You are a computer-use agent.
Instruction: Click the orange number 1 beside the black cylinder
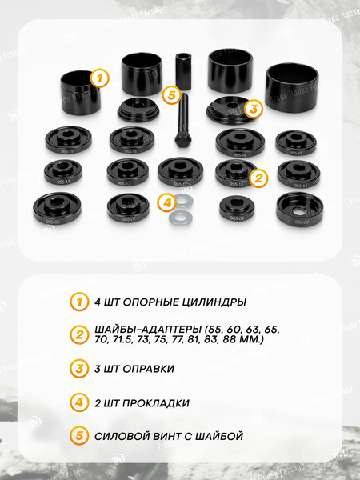point(98,78)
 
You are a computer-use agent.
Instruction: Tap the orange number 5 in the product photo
point(170,95)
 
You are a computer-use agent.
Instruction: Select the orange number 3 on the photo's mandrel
point(253,108)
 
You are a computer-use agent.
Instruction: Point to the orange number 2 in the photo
point(258,178)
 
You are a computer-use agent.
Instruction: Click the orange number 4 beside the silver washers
point(166,203)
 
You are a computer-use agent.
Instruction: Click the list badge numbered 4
point(78,402)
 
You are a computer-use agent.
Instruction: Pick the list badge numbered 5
point(78,436)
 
